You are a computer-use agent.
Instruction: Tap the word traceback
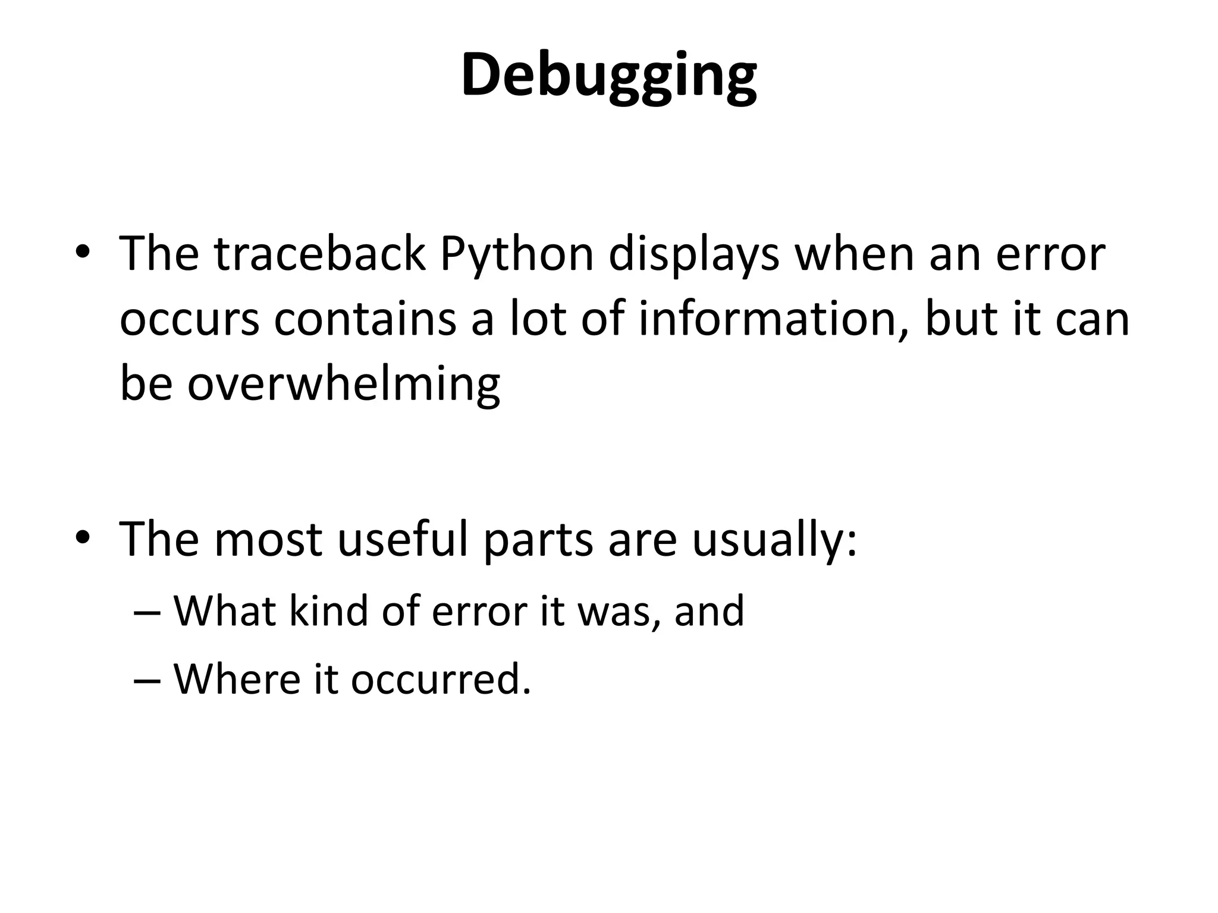[x=320, y=254]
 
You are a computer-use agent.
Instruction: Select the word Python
[x=517, y=254]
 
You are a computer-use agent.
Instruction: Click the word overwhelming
[x=343, y=384]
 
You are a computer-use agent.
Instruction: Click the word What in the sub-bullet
[x=224, y=610]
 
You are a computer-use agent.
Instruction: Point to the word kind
[x=329, y=610]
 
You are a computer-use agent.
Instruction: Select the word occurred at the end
[x=440, y=679]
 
